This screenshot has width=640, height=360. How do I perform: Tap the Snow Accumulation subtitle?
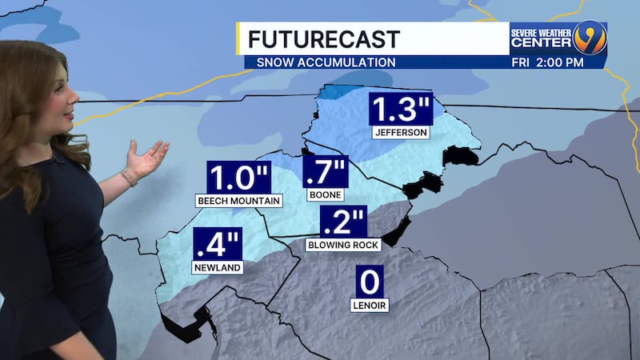(x=326, y=62)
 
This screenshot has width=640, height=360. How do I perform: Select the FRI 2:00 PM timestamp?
(x=546, y=62)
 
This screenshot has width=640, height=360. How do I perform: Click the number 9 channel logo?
(x=587, y=37)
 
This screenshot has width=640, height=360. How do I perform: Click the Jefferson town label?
(x=400, y=132)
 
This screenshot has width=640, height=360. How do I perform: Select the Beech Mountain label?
(x=238, y=201)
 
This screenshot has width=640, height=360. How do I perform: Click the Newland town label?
(x=216, y=267)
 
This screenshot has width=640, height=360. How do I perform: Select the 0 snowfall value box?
(x=370, y=282)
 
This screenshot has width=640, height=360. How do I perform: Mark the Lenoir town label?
(x=370, y=305)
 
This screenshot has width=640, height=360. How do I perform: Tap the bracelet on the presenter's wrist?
(x=129, y=175)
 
